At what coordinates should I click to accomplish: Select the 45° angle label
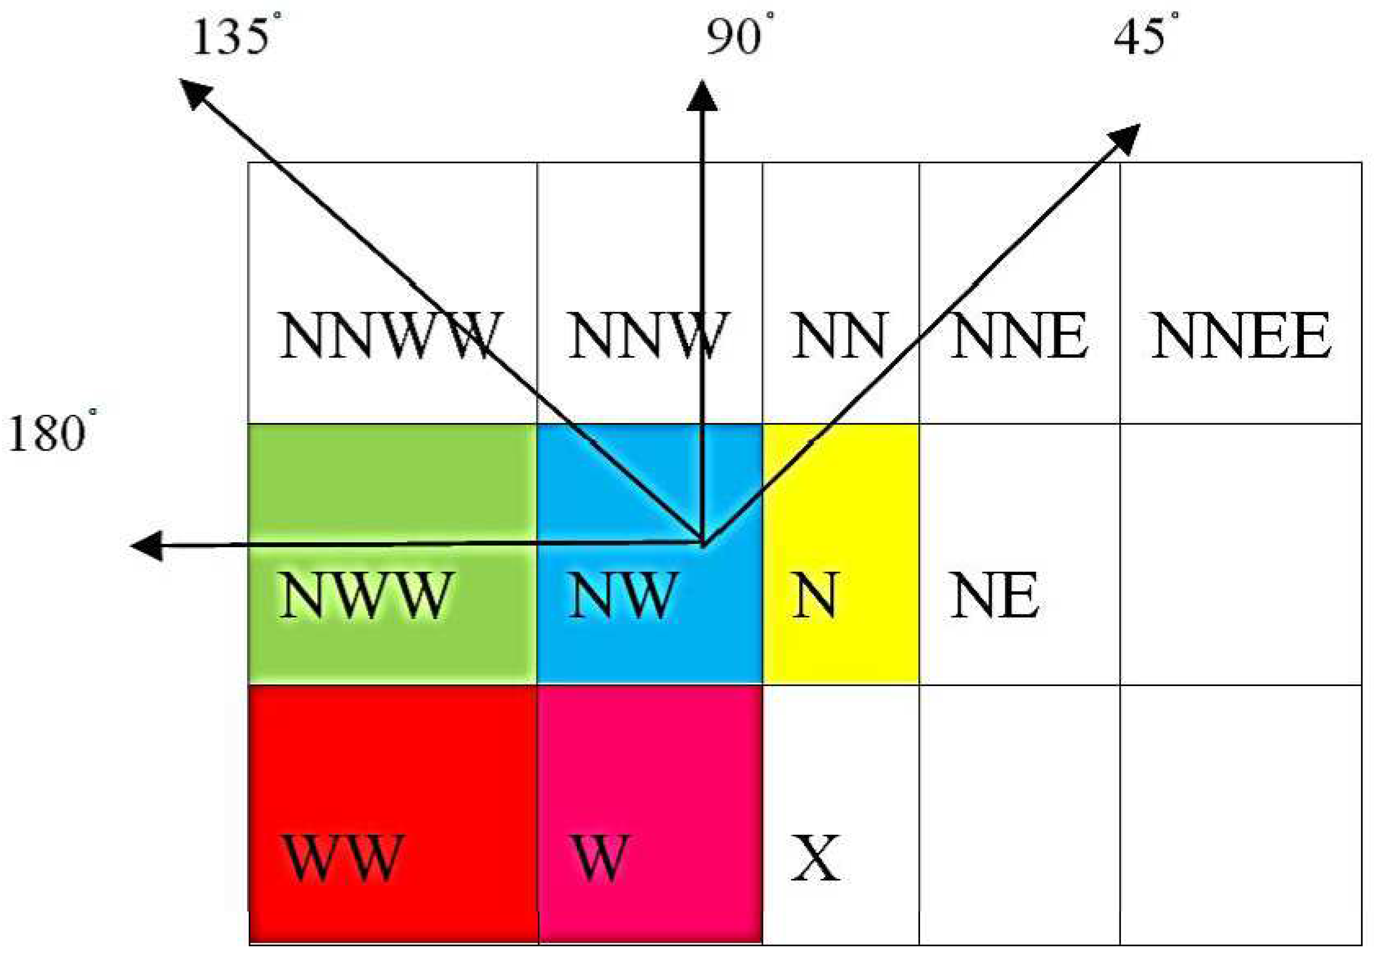click(1144, 37)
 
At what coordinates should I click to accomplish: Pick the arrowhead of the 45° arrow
click(1125, 138)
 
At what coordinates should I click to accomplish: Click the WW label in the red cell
click(342, 857)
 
